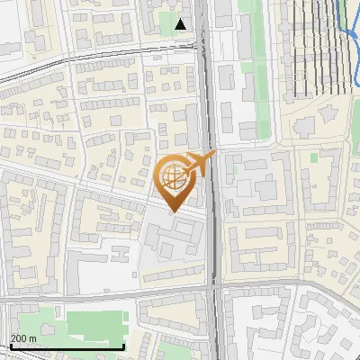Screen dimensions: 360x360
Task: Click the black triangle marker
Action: coord(182,24)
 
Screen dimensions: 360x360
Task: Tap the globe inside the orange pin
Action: coord(172,177)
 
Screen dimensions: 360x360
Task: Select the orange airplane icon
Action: coord(199,164)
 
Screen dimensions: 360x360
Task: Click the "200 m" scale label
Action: coord(23,338)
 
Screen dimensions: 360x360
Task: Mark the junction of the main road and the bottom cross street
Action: coord(213,288)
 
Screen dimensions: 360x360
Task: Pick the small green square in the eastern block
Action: coord(314,157)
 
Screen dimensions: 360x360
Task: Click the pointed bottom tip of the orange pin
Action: coord(172,211)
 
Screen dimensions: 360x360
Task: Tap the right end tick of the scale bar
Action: coord(123,346)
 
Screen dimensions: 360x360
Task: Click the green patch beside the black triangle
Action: coord(168,20)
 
